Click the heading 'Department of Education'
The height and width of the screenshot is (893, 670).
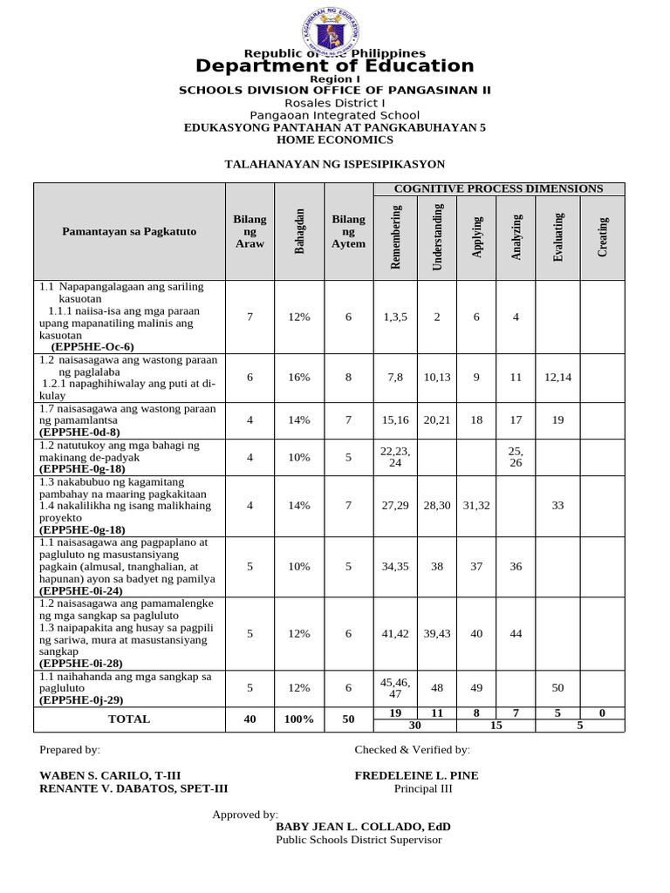pyautogui.click(x=335, y=66)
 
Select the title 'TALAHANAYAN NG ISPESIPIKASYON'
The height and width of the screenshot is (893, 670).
pyautogui.click(x=335, y=164)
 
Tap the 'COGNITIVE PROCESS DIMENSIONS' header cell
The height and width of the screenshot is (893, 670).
pyautogui.click(x=498, y=188)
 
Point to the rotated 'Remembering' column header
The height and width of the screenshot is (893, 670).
pyautogui.click(x=395, y=237)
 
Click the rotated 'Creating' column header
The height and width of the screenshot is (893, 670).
pyautogui.click(x=602, y=237)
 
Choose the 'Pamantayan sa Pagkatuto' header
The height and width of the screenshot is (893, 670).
pyautogui.click(x=129, y=231)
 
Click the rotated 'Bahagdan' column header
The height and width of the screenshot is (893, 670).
pyautogui.click(x=299, y=232)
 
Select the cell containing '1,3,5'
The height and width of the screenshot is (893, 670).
pyautogui.click(x=395, y=317)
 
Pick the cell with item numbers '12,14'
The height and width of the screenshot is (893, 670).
pyautogui.click(x=557, y=378)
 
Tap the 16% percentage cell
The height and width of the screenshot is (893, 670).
pyautogui.click(x=299, y=378)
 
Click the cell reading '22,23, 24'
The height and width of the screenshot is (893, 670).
pyautogui.click(x=395, y=456)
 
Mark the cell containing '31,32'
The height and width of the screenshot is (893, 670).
pyautogui.click(x=476, y=505)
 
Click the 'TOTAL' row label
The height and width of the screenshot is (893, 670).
pyautogui.click(x=129, y=719)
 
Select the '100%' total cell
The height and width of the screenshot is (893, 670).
pyautogui.click(x=299, y=719)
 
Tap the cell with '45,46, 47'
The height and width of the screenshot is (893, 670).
pyautogui.click(x=395, y=687)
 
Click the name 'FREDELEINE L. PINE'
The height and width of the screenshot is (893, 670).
pyautogui.click(x=416, y=776)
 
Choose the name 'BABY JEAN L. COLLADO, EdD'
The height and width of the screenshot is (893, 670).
pyautogui.click(x=363, y=827)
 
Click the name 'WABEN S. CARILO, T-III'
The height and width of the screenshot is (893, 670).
pyautogui.click(x=111, y=776)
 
